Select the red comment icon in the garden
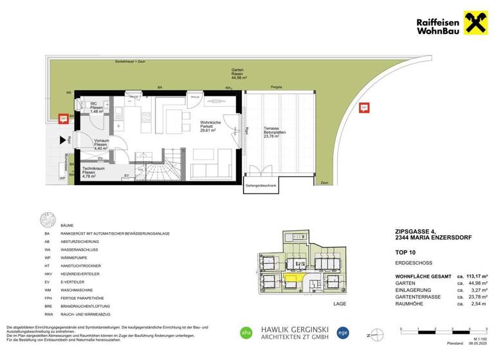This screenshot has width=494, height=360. (x=364, y=107)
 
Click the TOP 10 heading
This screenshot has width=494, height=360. (x=404, y=253)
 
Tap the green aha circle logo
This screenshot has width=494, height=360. (x=244, y=332)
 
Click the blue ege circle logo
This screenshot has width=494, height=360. (x=343, y=332)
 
